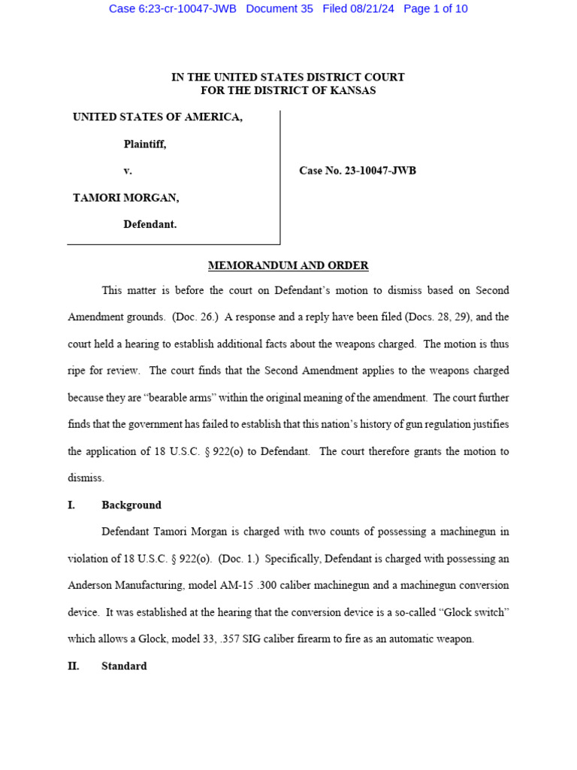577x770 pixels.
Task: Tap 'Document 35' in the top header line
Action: click(x=279, y=9)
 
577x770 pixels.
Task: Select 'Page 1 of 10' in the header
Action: click(x=436, y=9)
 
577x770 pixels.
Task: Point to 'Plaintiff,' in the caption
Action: click(x=145, y=144)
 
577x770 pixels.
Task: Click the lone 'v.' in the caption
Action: click(x=128, y=171)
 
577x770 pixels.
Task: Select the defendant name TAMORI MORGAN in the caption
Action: click(x=126, y=198)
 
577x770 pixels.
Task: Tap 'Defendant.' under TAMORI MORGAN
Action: click(x=150, y=224)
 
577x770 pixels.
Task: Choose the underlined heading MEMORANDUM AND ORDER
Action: click(x=288, y=265)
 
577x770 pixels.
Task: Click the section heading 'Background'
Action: click(x=131, y=505)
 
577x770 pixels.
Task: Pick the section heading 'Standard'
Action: click(x=124, y=666)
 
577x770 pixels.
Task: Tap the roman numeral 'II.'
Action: click(x=74, y=666)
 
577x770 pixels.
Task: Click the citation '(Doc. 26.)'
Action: click(x=195, y=317)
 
